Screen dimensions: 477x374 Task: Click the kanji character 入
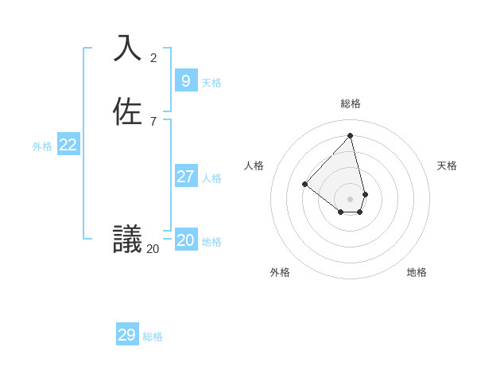click(128, 48)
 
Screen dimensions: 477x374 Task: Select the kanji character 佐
click(128, 111)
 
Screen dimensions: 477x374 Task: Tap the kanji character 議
click(128, 239)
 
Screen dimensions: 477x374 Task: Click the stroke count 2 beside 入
click(153, 57)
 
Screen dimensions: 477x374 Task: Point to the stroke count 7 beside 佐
click(153, 122)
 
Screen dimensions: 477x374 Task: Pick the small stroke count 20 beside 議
click(153, 249)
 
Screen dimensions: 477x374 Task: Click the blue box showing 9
click(185, 80)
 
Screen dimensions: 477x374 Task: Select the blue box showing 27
click(185, 176)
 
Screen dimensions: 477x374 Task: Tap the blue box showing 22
click(68, 144)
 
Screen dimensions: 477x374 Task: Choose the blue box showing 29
click(127, 335)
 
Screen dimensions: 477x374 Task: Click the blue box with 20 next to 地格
click(185, 240)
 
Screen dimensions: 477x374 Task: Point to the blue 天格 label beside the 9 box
click(211, 83)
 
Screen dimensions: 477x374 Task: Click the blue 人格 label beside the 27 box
click(211, 178)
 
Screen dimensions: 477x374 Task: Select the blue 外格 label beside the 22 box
click(42, 146)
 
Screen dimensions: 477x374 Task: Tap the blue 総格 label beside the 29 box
click(153, 337)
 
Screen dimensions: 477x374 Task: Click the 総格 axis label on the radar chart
click(351, 103)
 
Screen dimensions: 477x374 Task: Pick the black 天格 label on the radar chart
click(447, 166)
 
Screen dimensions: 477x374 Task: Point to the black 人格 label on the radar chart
click(254, 166)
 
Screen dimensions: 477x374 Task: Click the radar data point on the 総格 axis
click(351, 136)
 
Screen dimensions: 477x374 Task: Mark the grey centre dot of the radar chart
click(351, 198)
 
